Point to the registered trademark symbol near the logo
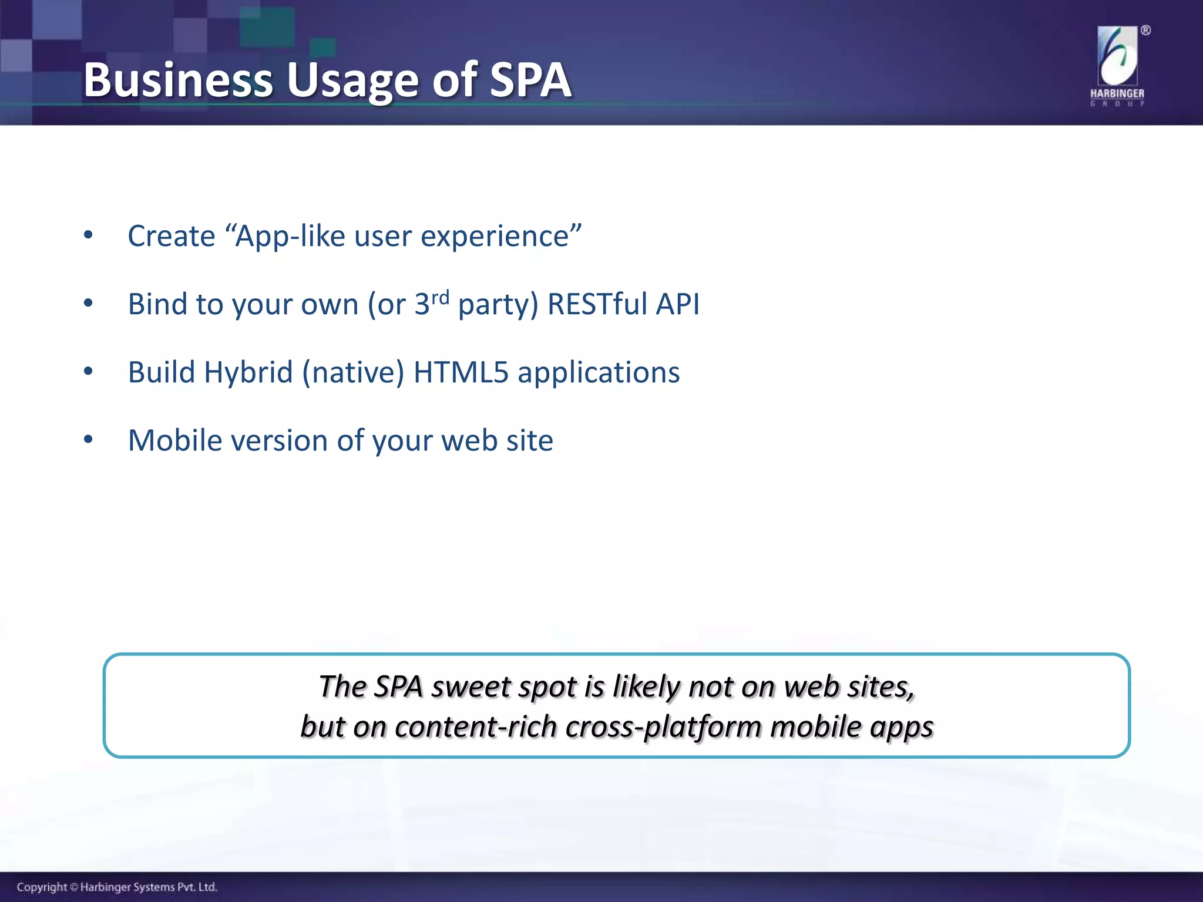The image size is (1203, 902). (1145, 31)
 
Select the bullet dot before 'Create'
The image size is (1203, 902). (88, 235)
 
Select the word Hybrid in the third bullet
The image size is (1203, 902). (248, 373)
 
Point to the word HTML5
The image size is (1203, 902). (461, 372)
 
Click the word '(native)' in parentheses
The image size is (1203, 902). (353, 373)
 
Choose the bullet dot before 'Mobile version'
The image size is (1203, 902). (88, 440)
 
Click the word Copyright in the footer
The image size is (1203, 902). (42, 887)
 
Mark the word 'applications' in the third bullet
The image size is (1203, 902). (598, 373)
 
